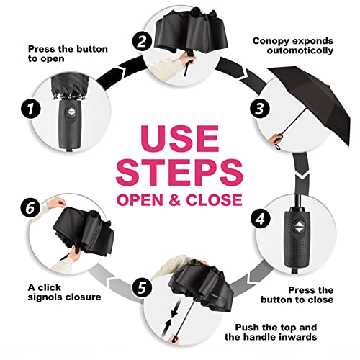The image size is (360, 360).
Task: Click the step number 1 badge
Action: (x=30, y=110)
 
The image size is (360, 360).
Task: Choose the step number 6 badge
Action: (x=30, y=207)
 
